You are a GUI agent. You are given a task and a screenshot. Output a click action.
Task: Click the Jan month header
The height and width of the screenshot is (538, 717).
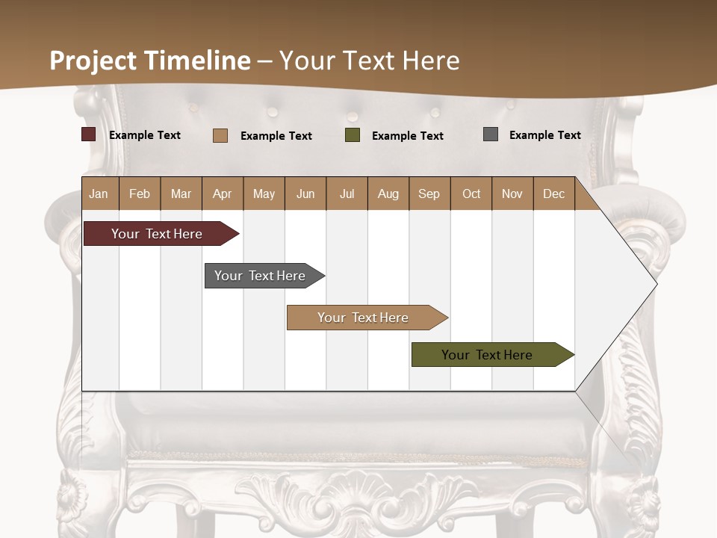click(99, 194)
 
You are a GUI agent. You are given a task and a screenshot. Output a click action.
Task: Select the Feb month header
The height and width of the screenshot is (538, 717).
click(140, 194)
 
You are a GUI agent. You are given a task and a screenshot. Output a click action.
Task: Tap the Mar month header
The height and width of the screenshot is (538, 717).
click(181, 194)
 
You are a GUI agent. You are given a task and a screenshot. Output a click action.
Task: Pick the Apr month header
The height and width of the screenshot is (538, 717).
click(223, 194)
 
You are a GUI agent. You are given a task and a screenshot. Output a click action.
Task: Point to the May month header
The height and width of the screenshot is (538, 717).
click(264, 194)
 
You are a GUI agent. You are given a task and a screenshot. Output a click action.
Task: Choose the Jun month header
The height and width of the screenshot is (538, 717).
click(305, 194)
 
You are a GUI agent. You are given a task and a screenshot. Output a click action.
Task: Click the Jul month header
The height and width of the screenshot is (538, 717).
click(347, 194)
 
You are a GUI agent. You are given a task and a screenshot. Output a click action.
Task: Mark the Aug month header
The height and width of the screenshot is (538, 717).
click(388, 194)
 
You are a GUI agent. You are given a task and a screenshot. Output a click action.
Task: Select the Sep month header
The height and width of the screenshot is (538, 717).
click(429, 194)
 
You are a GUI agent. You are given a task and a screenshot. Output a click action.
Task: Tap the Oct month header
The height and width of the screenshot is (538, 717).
click(471, 194)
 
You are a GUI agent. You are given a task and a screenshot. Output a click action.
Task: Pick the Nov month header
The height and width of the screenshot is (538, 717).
click(512, 194)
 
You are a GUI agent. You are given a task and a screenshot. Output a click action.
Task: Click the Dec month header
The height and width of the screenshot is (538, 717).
click(554, 194)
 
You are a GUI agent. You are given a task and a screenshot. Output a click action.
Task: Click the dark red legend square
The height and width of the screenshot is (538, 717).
click(89, 134)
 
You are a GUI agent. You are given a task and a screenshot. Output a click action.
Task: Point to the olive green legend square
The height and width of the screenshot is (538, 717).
click(353, 135)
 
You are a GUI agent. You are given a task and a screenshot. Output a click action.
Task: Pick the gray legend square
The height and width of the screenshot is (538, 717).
click(491, 134)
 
